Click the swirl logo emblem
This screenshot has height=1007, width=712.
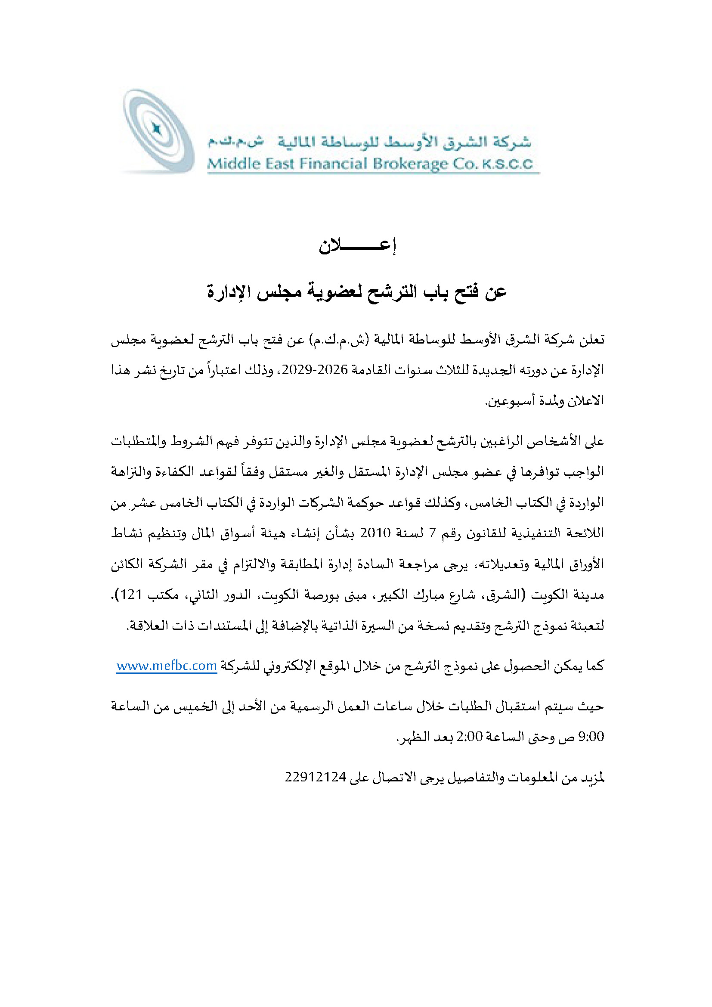coord(158,130)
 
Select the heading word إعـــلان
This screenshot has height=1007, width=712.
coord(357,245)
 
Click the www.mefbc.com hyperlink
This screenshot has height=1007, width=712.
coord(167,666)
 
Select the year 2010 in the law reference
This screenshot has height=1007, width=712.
coord(375,533)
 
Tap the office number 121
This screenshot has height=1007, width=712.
coord(131,594)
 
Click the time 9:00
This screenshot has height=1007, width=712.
coord(591,736)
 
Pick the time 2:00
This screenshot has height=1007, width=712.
coord(470,736)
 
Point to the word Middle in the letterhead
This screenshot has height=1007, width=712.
coord(233,164)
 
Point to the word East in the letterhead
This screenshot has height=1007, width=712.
coord(280,164)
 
